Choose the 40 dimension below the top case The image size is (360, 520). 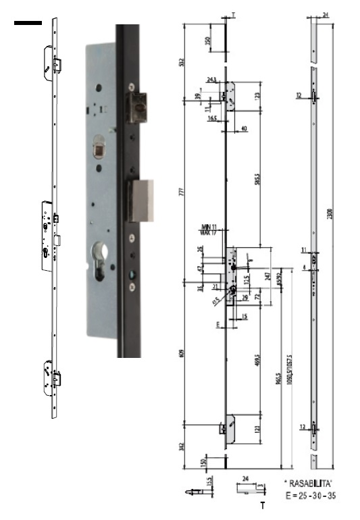click(242, 128)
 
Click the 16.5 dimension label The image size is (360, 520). click(211, 118)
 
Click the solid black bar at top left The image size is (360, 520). click(28, 24)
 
